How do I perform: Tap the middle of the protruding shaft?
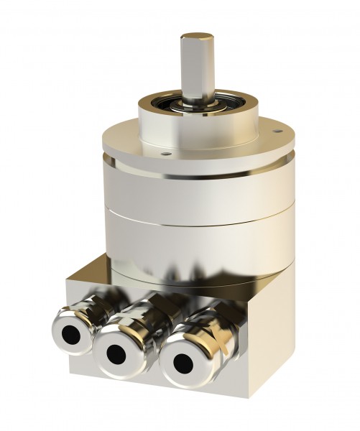point(194,68)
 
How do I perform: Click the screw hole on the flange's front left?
point(165,152)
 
